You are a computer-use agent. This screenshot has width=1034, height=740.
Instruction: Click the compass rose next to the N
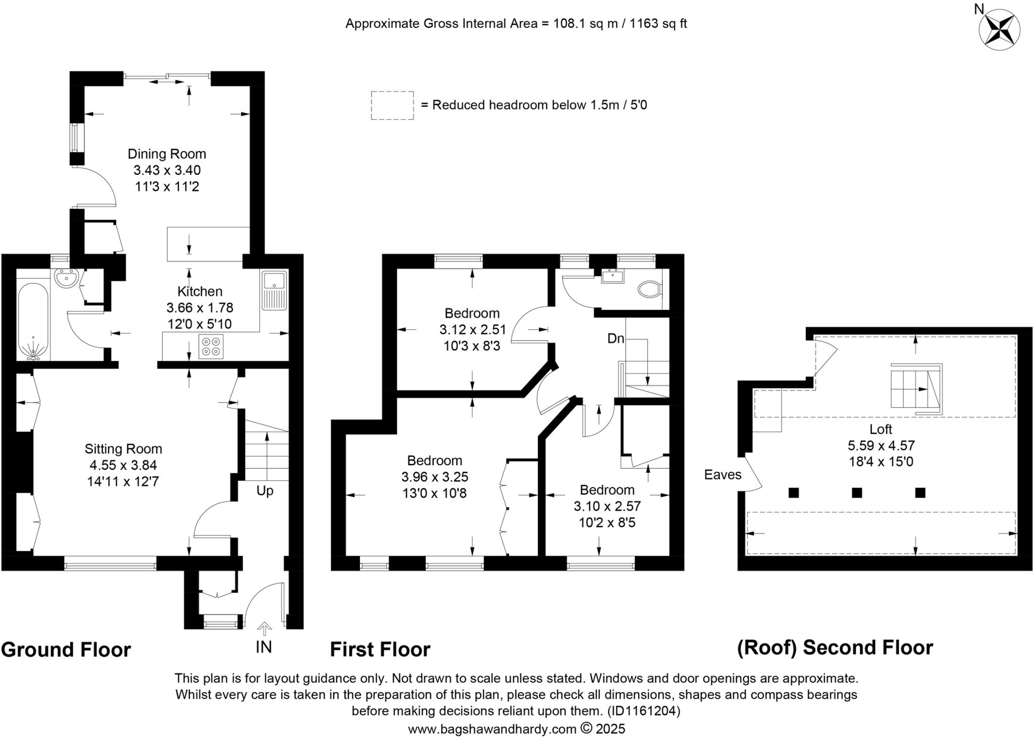pos(999,30)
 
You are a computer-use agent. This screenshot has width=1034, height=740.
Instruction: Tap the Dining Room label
pos(167,154)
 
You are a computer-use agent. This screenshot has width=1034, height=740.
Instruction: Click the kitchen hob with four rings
pos(211,346)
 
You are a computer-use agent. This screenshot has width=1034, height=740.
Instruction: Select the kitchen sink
pos(274,290)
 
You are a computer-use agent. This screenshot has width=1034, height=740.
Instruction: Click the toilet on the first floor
pos(650,289)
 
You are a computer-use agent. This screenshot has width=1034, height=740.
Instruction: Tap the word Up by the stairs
pos(265,490)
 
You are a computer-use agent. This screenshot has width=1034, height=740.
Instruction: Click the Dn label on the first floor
pos(615,338)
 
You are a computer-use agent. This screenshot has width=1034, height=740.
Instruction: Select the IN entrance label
pos(264,647)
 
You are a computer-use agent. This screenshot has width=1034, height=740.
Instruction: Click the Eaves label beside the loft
pos(722,475)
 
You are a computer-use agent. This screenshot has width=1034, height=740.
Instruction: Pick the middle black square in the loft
pos(857,492)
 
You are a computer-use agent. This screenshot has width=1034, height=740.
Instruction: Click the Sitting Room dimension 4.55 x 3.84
pos(123,465)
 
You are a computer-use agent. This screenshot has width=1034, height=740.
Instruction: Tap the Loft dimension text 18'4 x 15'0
pos(881,462)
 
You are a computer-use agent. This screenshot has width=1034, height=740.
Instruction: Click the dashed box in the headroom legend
pos(392,105)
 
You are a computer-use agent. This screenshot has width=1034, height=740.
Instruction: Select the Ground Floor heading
pos(66,650)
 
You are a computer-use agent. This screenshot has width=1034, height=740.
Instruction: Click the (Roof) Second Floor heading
pos(835,648)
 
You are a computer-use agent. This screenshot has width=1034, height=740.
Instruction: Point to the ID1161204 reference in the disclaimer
pos(644,711)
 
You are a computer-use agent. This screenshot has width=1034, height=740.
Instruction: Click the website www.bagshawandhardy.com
pos(492,729)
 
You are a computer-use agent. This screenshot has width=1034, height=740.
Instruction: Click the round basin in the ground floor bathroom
pos(67,278)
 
